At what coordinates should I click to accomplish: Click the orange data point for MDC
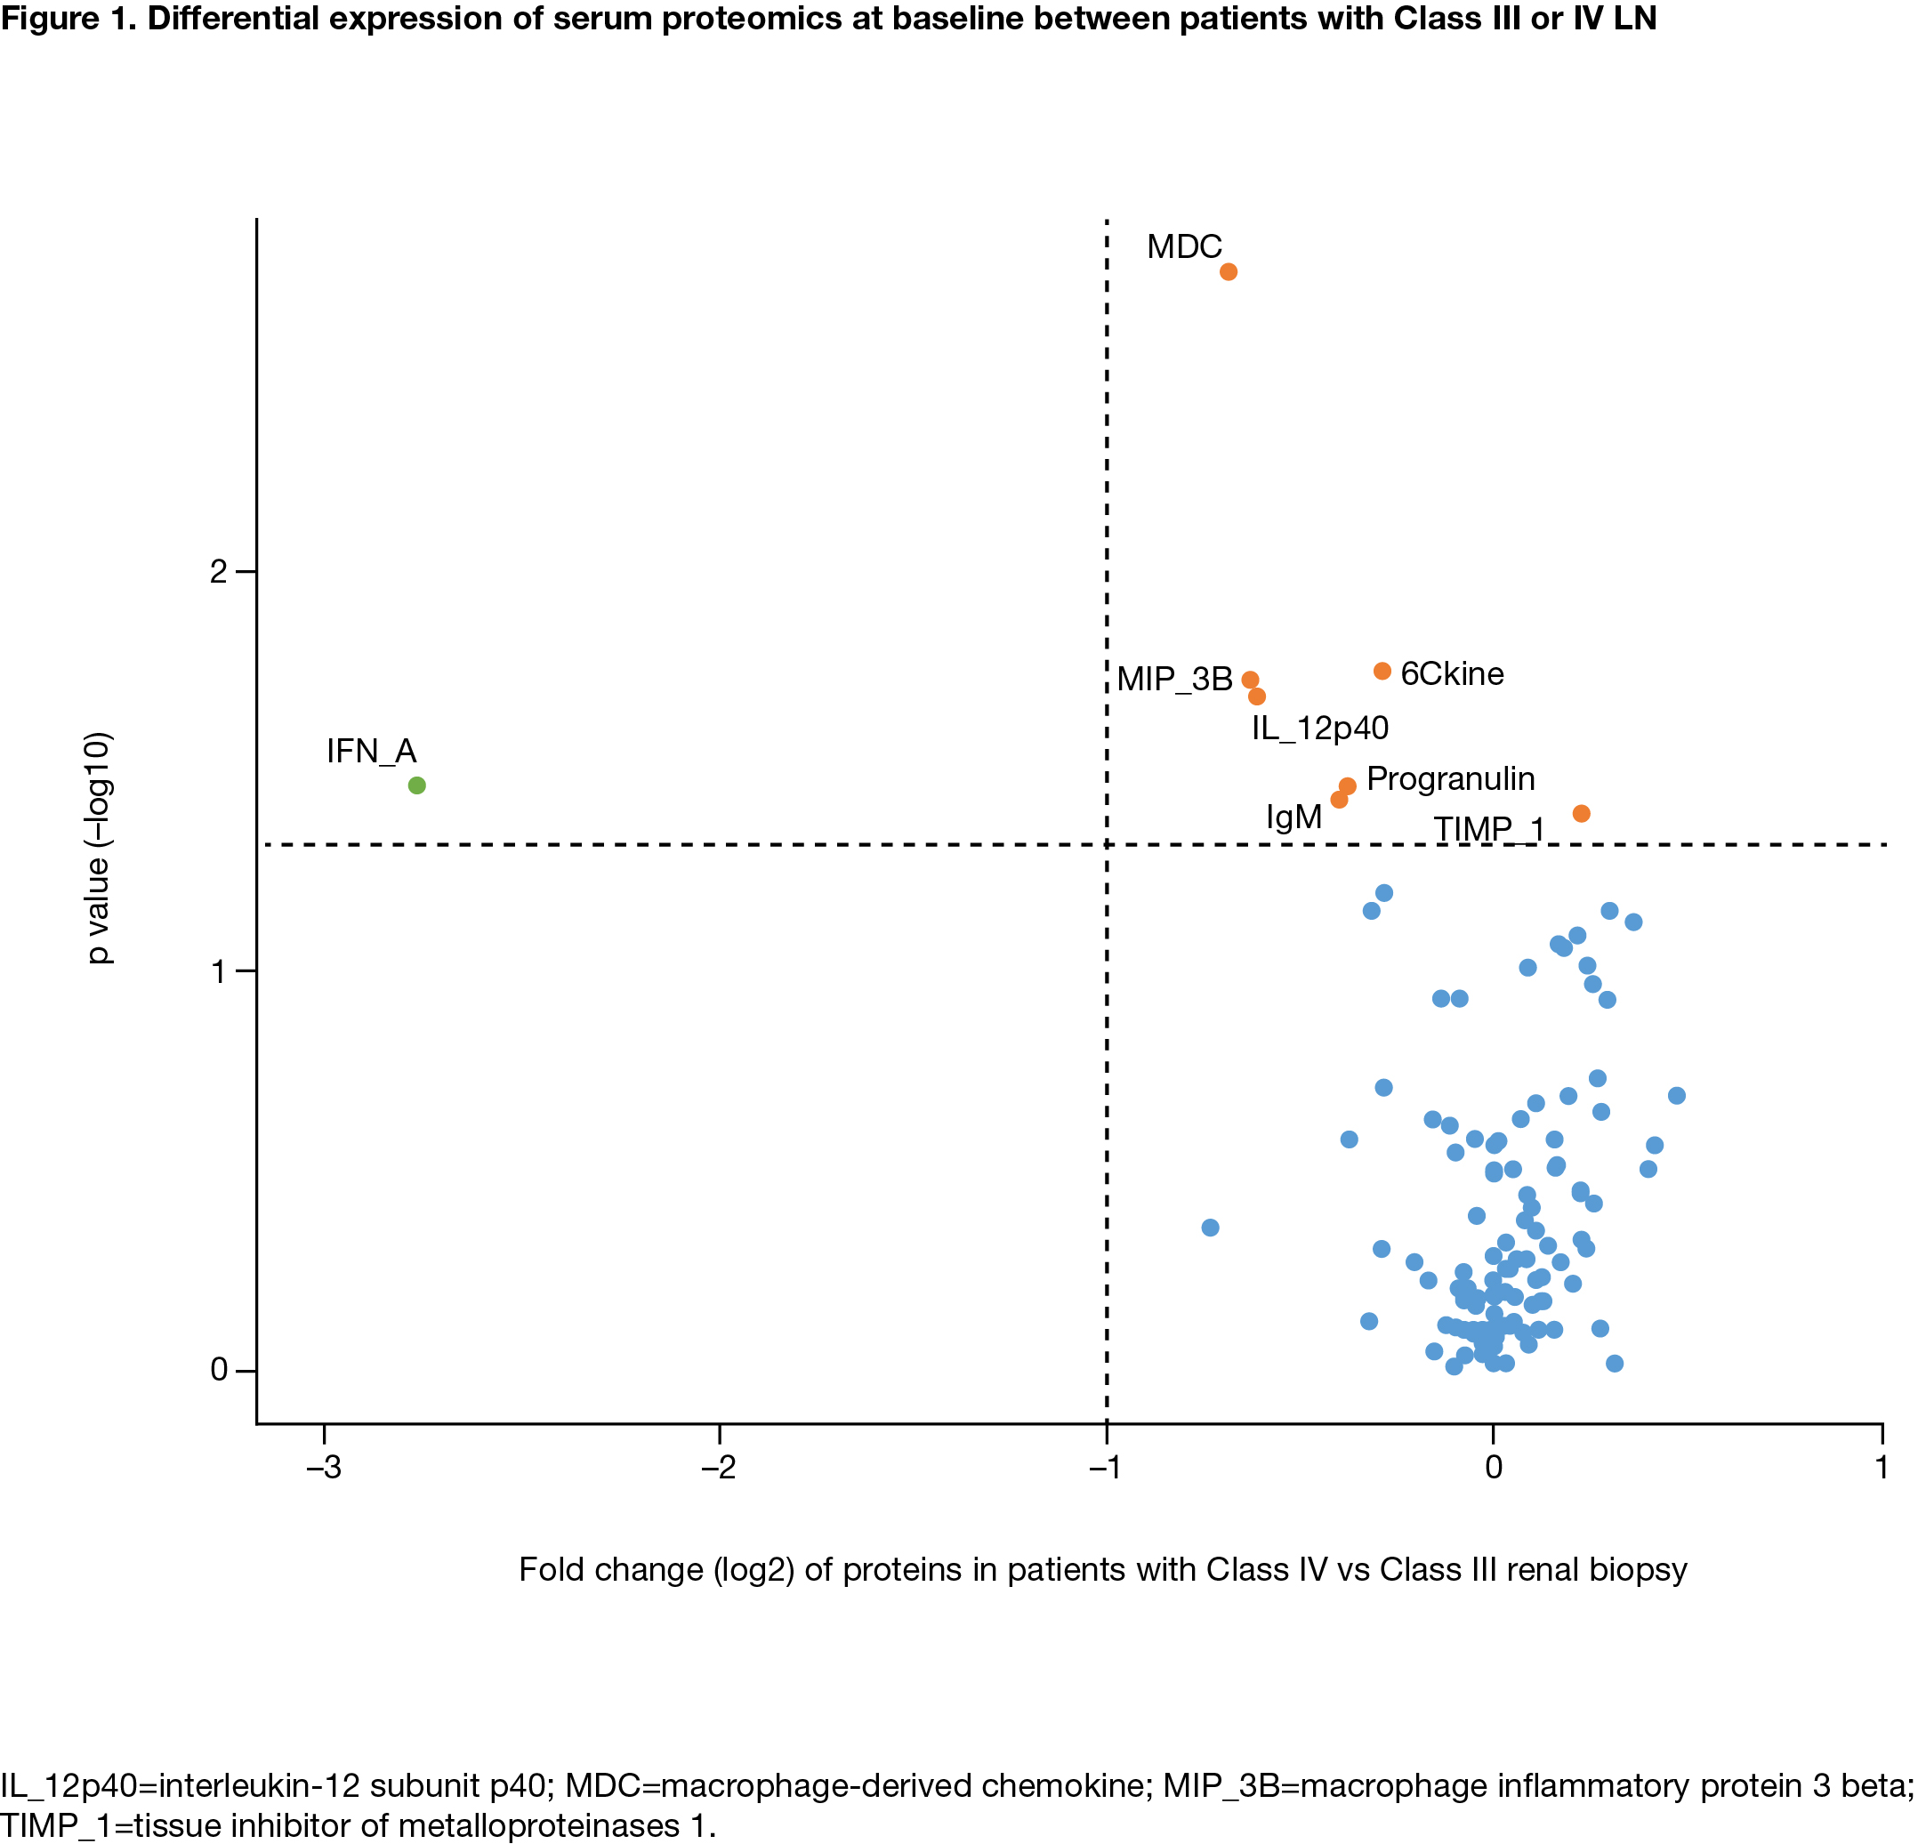click(x=1229, y=272)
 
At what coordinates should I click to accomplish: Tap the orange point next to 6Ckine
click(x=1382, y=671)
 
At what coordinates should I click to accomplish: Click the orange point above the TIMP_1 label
click(x=1581, y=813)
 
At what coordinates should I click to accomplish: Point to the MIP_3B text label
click(x=1174, y=679)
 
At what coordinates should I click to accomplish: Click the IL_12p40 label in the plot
click(x=1319, y=728)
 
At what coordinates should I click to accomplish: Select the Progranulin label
click(x=1450, y=779)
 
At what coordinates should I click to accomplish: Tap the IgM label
click(x=1294, y=817)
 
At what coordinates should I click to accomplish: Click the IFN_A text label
click(x=372, y=752)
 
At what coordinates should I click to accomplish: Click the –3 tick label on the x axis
click(x=323, y=1467)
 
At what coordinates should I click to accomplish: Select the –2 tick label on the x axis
click(x=718, y=1467)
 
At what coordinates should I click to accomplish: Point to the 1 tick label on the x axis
click(x=1881, y=1467)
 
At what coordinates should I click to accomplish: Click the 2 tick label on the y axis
click(x=218, y=572)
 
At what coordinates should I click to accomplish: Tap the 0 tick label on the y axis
click(x=218, y=1370)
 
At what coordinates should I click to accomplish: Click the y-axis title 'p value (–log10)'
click(x=100, y=848)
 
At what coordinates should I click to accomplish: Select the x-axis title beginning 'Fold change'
click(x=1102, y=1569)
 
